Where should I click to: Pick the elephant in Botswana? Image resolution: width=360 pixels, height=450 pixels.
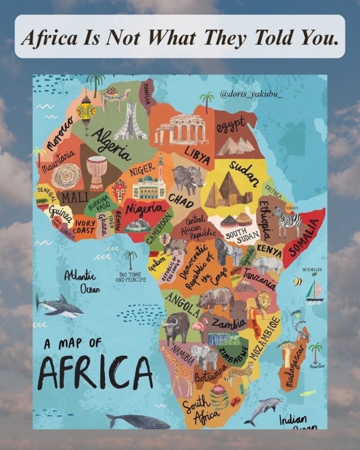point(204,357)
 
